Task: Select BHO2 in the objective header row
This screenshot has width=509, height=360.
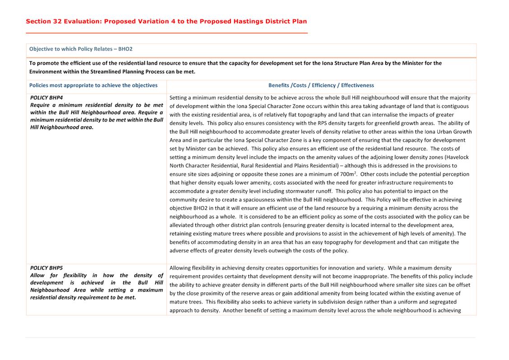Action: tap(125, 49)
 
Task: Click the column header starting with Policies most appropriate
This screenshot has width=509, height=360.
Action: tap(93, 85)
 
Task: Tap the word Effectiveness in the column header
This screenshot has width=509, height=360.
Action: tap(357, 85)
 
